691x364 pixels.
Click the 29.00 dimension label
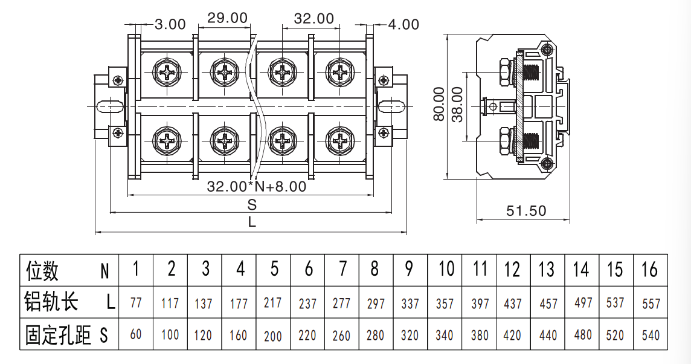[227, 18]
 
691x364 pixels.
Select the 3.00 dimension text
[170, 24]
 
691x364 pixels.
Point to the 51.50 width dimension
[525, 211]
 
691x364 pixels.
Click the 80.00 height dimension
[439, 103]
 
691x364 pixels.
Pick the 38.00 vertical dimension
[457, 105]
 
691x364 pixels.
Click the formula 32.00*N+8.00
[257, 186]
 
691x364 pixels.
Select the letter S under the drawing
[252, 205]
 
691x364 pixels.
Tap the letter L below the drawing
[252, 221]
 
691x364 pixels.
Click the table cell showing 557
[651, 304]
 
